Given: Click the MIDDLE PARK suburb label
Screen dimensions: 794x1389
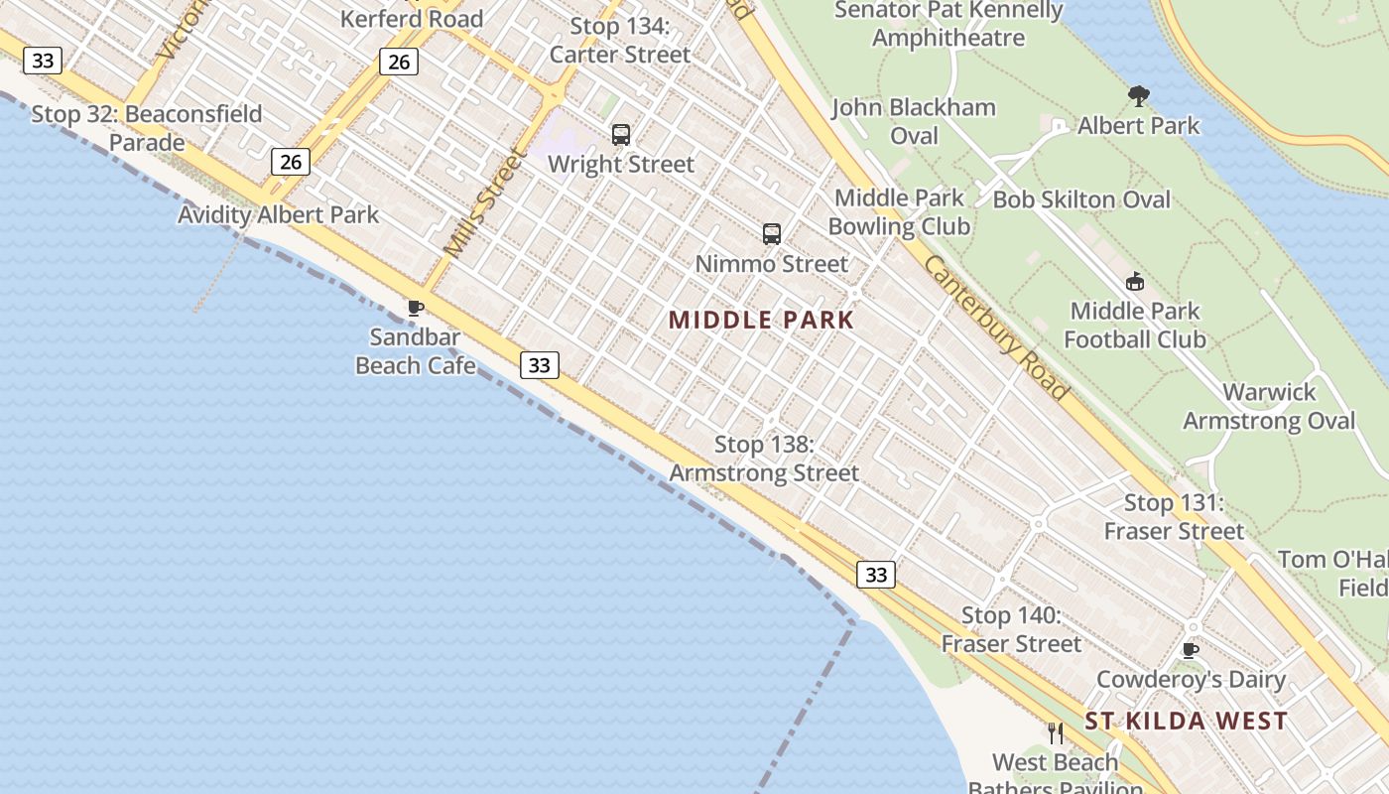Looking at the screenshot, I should click(761, 320).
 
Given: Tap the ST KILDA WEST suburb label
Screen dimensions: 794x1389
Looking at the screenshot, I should click(1186, 722).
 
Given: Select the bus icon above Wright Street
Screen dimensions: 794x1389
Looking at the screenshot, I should click(621, 135).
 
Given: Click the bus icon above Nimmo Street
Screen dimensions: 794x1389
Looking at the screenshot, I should click(772, 234).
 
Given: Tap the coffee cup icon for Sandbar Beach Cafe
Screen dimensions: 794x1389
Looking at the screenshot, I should click(416, 309).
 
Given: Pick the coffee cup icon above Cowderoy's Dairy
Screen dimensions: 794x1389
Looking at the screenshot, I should click(1191, 651).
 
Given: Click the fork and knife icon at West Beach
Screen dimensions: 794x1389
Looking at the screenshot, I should click(1056, 733).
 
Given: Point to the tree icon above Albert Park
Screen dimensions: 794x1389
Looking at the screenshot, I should click(1139, 96).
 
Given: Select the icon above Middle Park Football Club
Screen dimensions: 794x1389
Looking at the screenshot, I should click(1135, 282).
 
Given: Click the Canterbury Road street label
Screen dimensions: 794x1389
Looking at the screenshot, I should click(996, 329).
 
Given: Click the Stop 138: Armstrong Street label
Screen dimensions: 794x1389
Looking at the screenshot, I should click(764, 459).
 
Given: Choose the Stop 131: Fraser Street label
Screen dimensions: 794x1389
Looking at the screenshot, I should click(1174, 517).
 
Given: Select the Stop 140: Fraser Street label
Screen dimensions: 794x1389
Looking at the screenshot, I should click(1011, 630).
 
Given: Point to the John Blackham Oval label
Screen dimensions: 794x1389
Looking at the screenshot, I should click(914, 121).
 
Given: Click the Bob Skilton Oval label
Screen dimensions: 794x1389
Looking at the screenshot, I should click(1081, 199).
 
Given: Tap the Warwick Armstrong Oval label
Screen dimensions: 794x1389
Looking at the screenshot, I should click(1269, 406).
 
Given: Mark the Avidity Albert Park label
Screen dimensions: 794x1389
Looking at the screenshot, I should click(278, 214).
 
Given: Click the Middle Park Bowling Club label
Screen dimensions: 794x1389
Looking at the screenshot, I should click(899, 212).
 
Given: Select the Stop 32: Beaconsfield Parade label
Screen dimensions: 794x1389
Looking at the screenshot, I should click(147, 128).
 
